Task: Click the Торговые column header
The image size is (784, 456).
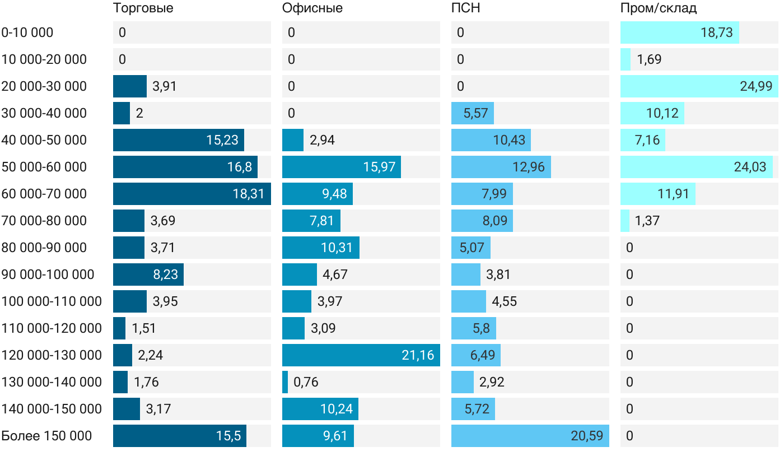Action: click(x=143, y=8)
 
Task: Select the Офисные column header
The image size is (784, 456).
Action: click(x=312, y=8)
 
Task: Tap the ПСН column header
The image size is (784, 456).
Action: click(x=465, y=8)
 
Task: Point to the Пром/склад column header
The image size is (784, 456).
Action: click(x=658, y=8)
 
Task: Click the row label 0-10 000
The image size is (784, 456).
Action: click(x=27, y=32)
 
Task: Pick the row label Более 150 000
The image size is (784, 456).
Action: click(x=46, y=436)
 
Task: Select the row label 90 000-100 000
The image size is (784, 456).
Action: click(x=48, y=274)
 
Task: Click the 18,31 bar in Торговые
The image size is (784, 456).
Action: click(x=192, y=194)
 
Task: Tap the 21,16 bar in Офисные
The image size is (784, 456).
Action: click(x=361, y=355)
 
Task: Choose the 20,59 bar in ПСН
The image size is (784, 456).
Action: click(x=530, y=436)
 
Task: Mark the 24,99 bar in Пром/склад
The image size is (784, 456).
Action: click(x=699, y=86)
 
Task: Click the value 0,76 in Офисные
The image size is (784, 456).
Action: click(x=306, y=382)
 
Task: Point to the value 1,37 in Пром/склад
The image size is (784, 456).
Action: click(x=647, y=221)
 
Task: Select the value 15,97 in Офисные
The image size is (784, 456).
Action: click(x=379, y=167)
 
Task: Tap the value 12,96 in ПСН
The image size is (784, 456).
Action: click(x=528, y=167)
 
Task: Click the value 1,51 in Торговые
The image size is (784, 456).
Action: click(x=144, y=328)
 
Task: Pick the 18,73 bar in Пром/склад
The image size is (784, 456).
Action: click(x=679, y=32)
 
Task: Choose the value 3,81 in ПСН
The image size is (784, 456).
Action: click(x=498, y=274)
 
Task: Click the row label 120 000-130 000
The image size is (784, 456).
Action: click(x=52, y=355)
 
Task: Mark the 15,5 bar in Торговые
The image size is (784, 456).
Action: click(x=179, y=436)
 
